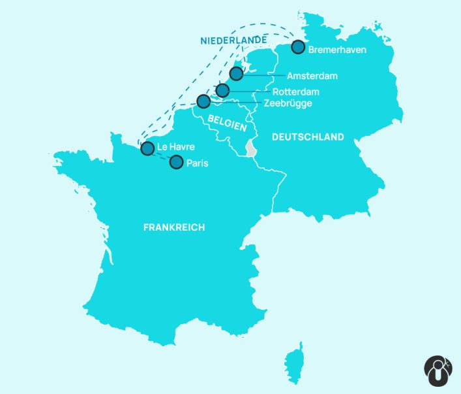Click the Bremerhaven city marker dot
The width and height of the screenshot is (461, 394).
tap(298, 47)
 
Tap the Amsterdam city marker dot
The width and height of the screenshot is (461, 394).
tap(236, 73)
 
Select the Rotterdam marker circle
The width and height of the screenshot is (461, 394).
tap(222, 90)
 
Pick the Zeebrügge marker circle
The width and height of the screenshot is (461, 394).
tap(203, 101)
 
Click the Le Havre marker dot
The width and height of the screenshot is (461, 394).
tap(147, 148)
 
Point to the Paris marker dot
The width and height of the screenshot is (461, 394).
tap(176, 162)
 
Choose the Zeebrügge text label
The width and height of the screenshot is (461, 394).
tap(288, 103)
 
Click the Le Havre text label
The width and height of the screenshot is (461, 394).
tap(176, 147)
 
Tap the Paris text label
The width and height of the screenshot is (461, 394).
tap(198, 163)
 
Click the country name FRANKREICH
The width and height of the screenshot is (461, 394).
tap(173, 227)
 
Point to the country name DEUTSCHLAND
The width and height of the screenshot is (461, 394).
tap(308, 137)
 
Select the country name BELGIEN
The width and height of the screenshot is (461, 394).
tap(227, 122)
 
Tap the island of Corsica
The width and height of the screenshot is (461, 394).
tap(295, 363)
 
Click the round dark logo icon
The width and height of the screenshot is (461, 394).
tap(438, 370)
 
